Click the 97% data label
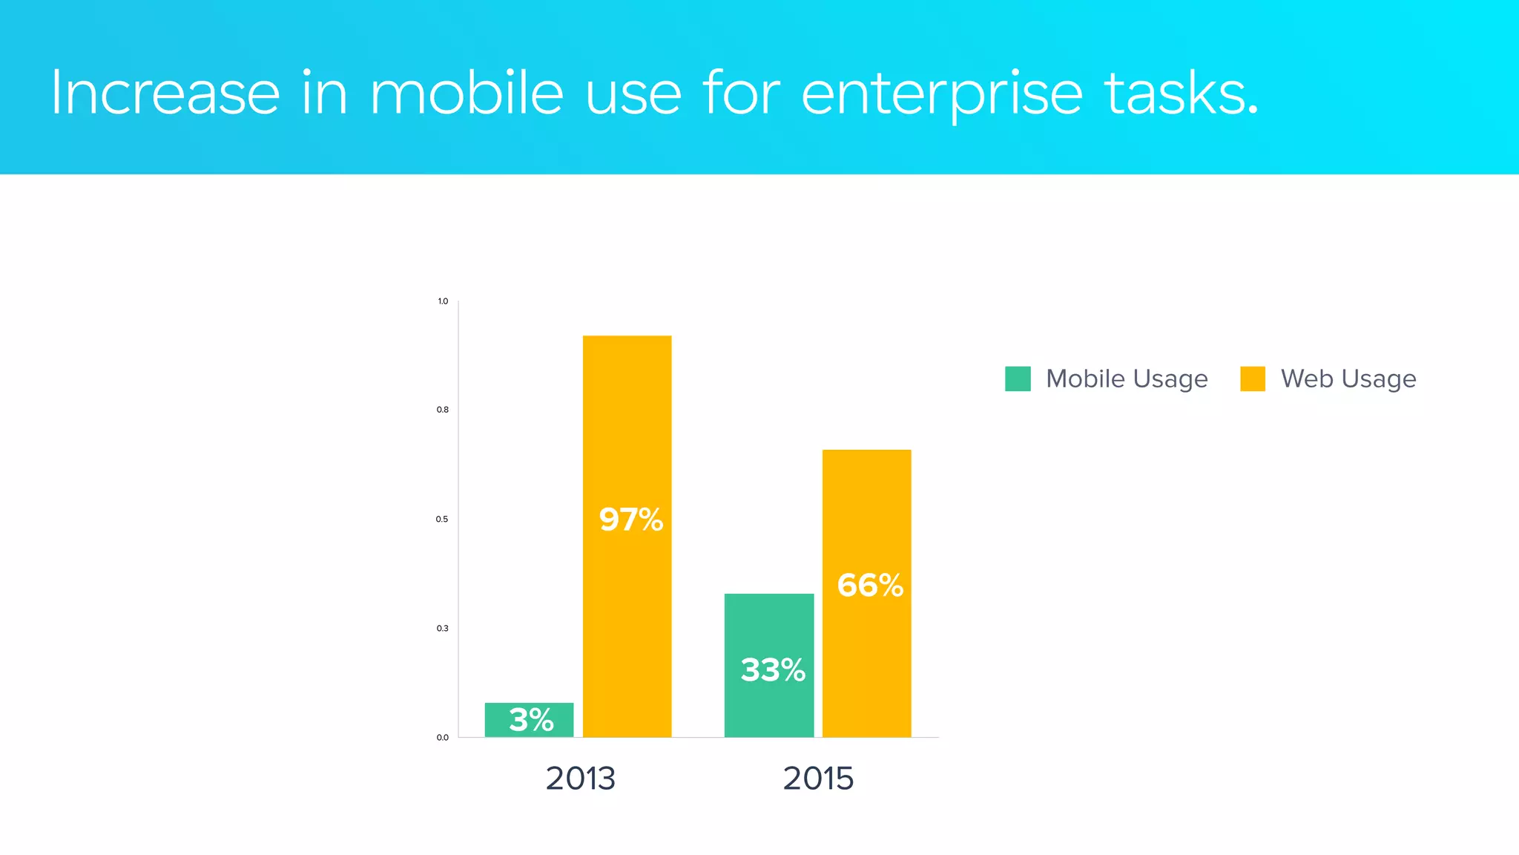[x=630, y=520]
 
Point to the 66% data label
[x=870, y=585]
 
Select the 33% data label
[x=773, y=670]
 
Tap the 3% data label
[x=531, y=720]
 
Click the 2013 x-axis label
[x=581, y=779]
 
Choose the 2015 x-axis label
[x=818, y=779]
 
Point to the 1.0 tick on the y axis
[x=443, y=301]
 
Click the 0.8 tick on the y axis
[x=443, y=410]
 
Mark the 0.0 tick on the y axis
[x=443, y=738]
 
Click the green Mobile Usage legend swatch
[x=1018, y=379]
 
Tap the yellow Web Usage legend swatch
[x=1253, y=379]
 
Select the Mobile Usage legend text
[x=1127, y=379]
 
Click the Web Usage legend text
[x=1348, y=379]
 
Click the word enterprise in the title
[x=942, y=95]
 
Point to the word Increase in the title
[x=165, y=94]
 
